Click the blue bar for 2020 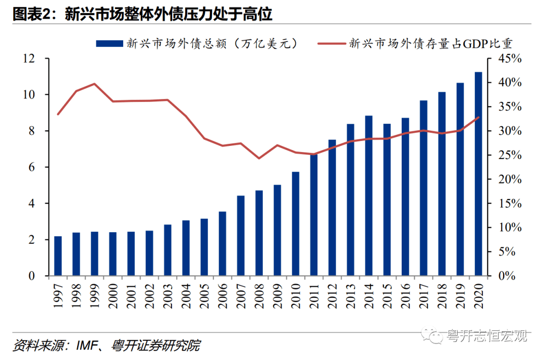point(478,174)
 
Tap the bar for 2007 point(241,236)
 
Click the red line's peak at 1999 point(94,84)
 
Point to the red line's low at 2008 point(259,158)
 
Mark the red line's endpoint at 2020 point(478,117)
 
